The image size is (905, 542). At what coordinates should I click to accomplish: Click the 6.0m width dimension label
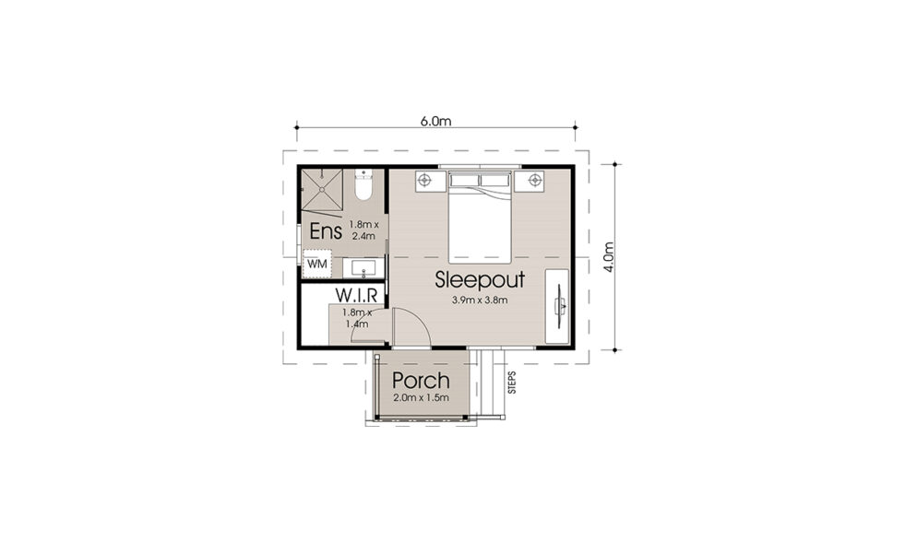435,121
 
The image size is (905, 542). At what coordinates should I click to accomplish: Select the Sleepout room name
481,279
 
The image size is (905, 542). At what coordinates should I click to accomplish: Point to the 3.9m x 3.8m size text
481,300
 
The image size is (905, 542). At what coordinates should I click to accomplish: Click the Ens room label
326,231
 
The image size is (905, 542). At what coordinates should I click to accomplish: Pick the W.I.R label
357,295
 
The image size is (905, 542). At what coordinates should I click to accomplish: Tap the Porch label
421,381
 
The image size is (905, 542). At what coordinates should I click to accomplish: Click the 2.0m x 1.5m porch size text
421,398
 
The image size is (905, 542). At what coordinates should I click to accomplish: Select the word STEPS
512,383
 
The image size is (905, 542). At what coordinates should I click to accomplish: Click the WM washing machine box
316,264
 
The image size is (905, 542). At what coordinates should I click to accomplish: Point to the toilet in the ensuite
363,184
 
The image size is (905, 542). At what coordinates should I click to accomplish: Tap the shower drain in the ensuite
321,189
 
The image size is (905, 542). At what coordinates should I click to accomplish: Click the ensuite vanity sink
363,268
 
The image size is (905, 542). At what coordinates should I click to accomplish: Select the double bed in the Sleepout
481,218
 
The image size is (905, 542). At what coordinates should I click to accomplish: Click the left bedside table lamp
424,181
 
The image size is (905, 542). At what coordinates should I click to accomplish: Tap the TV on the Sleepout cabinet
560,307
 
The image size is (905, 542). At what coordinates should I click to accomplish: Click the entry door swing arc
420,321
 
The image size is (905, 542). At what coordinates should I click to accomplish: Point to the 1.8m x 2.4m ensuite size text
363,230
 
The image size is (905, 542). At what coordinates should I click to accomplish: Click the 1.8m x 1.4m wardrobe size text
357,318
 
